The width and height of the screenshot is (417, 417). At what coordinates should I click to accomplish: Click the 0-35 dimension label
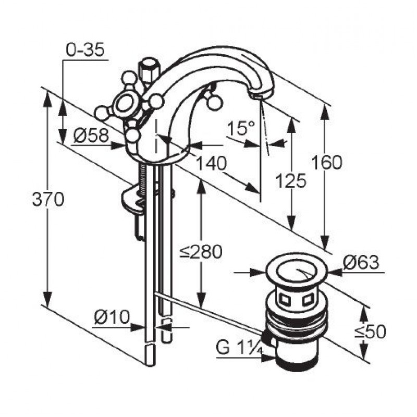click(85, 50)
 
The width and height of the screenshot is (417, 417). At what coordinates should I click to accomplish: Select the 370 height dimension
click(48, 199)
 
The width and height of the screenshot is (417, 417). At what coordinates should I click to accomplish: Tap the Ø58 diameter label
click(91, 135)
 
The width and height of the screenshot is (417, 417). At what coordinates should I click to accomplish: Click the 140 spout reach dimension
click(212, 163)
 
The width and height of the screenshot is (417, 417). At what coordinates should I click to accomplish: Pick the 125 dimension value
click(291, 180)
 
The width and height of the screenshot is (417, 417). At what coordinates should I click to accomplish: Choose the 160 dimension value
click(327, 163)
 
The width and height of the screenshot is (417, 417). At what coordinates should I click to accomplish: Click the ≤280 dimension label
click(201, 252)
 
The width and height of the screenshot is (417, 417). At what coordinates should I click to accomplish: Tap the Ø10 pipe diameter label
click(112, 317)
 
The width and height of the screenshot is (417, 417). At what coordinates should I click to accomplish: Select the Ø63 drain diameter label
click(361, 263)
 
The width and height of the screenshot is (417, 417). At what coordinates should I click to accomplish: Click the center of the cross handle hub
click(125, 104)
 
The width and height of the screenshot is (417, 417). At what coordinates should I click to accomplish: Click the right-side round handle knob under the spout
click(214, 102)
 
